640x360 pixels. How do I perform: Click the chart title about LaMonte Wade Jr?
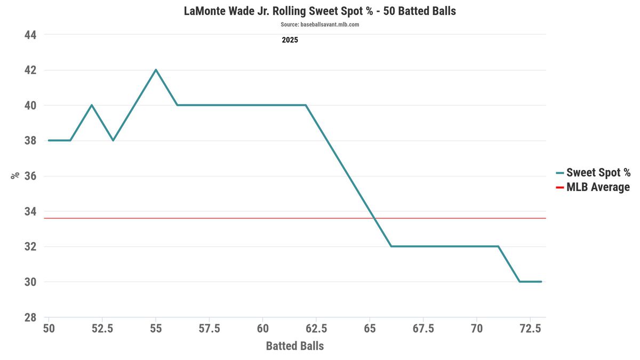tap(319, 11)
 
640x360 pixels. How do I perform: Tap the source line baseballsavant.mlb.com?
tap(319, 25)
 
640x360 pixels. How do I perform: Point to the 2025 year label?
tap(290, 40)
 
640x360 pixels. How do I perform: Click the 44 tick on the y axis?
tap(30, 35)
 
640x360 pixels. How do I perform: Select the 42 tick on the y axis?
tap(30, 70)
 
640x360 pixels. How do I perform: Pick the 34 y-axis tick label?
tap(30, 211)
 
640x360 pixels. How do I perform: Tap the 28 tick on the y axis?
tap(30, 317)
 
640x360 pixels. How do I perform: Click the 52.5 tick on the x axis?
tap(102, 329)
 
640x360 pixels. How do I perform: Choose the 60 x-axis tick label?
tap(263, 329)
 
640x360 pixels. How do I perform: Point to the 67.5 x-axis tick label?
tap(423, 329)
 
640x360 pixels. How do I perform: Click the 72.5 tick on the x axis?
tap(531, 329)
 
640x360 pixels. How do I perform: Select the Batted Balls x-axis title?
tap(295, 346)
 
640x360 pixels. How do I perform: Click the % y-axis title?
tap(15, 175)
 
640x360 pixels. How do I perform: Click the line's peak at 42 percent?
tap(156, 70)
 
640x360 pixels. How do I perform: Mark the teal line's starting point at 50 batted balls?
tap(49, 140)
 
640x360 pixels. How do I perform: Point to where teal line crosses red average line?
tap(374, 218)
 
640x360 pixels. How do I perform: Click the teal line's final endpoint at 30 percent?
tap(541, 282)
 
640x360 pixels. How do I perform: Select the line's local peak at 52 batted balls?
tap(92, 105)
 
